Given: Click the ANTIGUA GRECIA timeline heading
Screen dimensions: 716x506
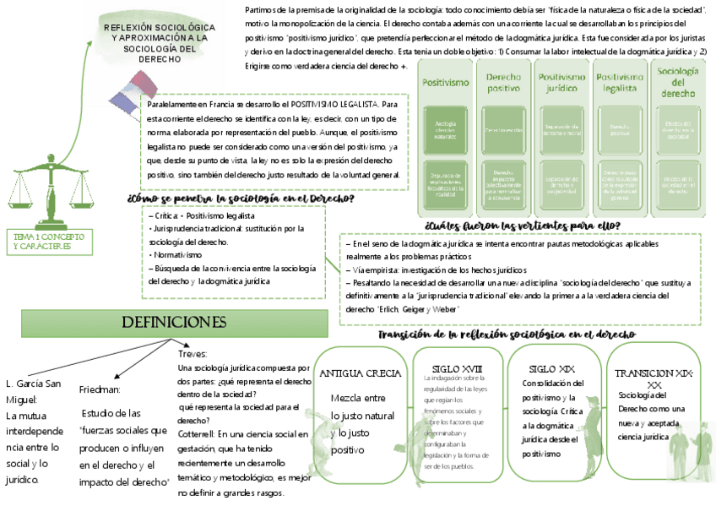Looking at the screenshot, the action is [360, 373].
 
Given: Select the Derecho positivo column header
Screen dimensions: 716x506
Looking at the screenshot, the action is [503, 82].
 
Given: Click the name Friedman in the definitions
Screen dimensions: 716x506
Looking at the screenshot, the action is [100, 389].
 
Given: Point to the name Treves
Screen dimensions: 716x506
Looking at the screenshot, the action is [193, 354].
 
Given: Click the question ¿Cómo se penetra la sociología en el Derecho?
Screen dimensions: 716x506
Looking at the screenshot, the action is [241, 199].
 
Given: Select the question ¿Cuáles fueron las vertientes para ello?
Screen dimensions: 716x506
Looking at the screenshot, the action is [523, 226].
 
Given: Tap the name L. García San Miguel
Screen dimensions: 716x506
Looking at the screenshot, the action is [34, 390].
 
